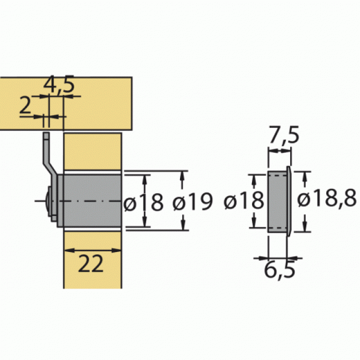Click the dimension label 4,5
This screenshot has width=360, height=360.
[59, 86]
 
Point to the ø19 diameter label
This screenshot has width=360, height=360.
[192, 203]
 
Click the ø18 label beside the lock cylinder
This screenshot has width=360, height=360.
[144, 203]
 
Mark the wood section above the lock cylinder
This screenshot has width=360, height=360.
[92, 152]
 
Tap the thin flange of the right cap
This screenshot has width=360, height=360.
[288, 200]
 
